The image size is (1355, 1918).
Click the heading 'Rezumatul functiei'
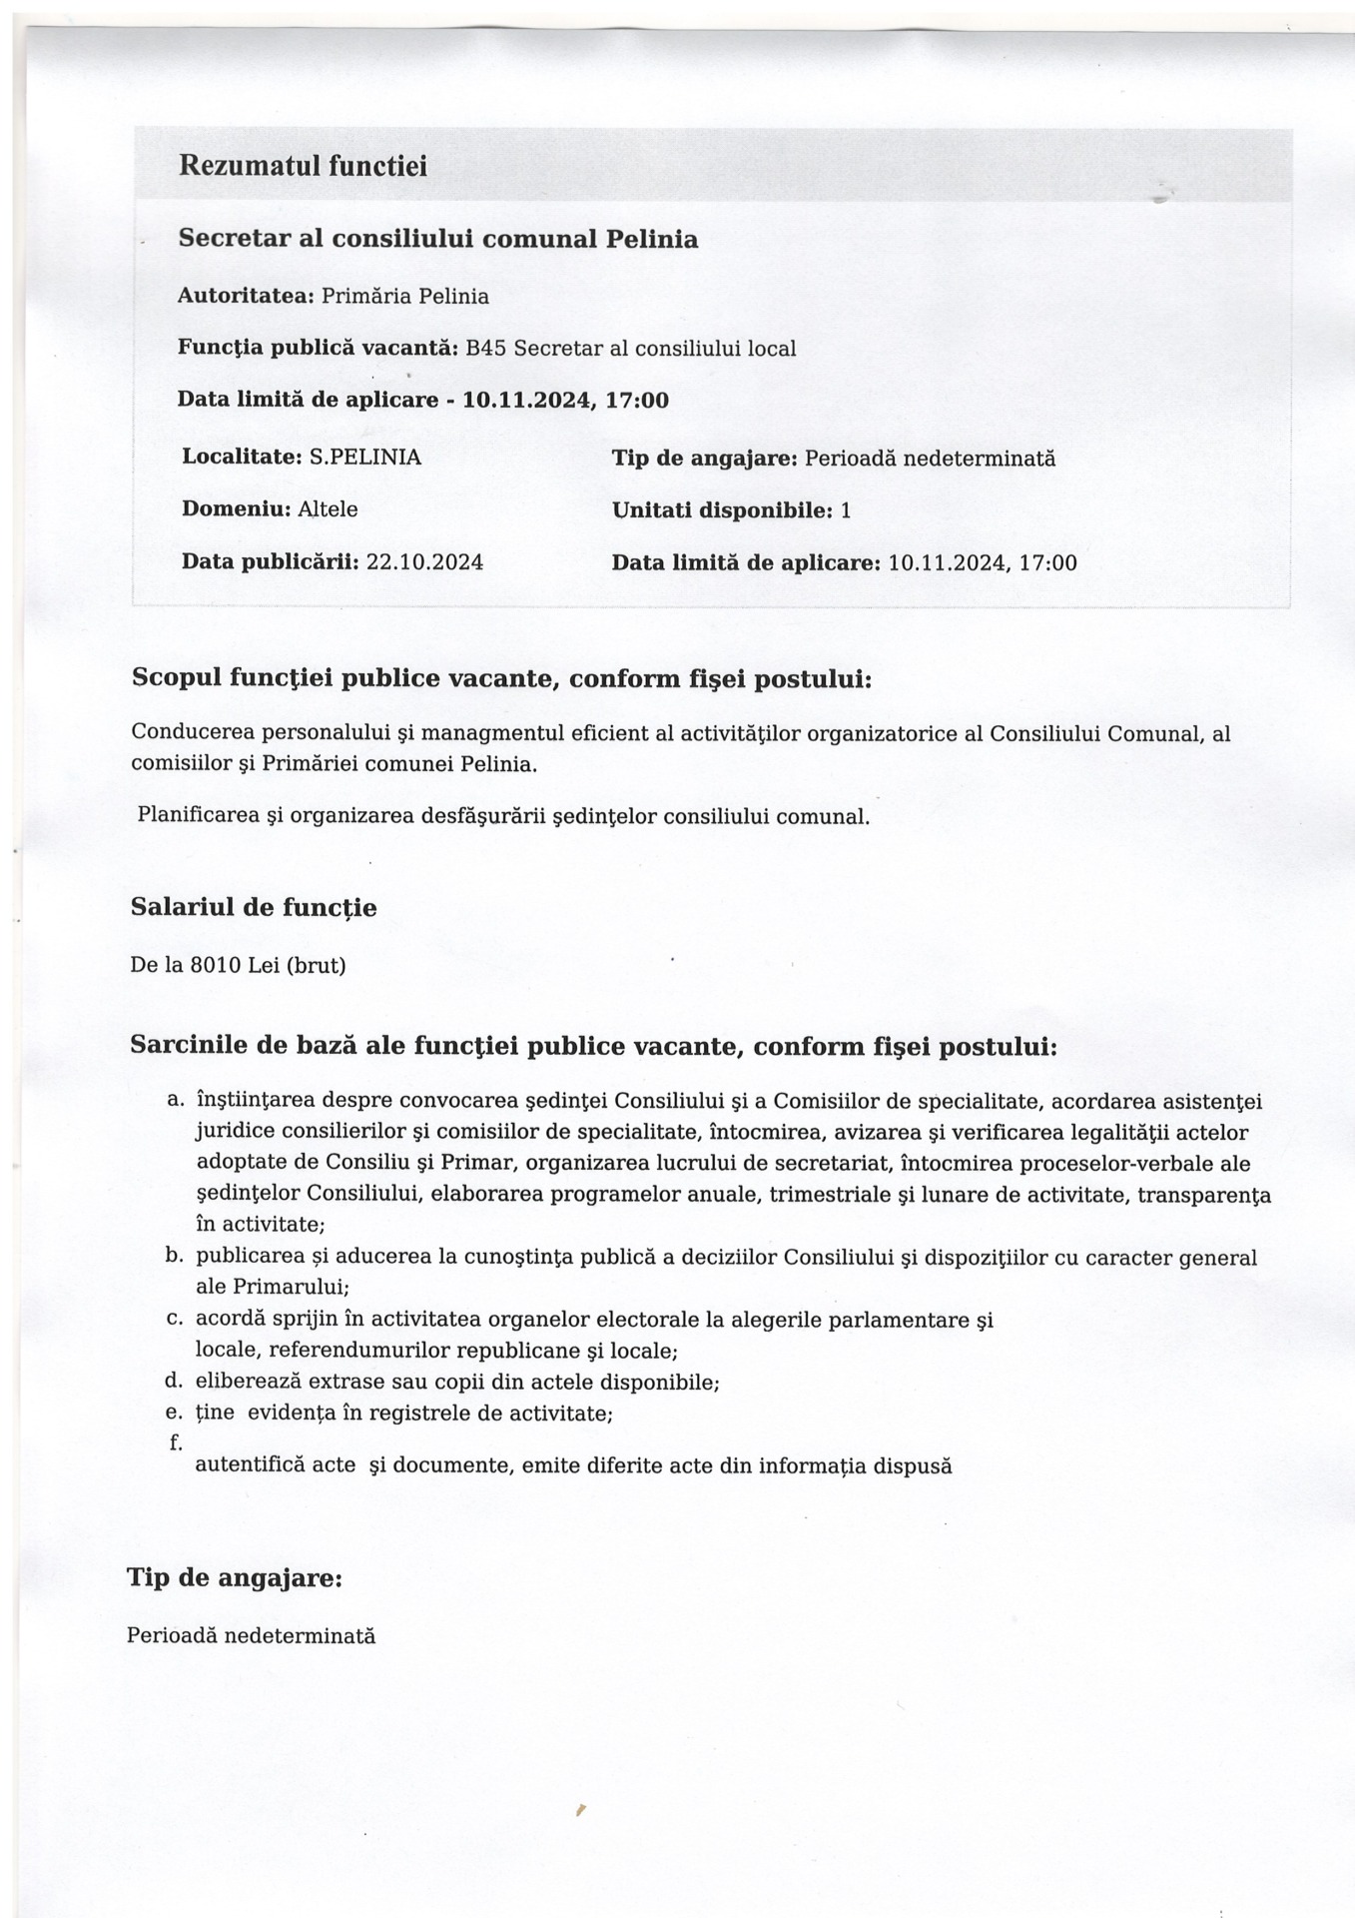[303, 166]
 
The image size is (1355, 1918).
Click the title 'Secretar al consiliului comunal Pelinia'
[437, 239]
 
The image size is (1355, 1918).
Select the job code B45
[486, 348]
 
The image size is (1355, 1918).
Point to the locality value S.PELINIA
[364, 457]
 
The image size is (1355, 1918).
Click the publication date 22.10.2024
[424, 561]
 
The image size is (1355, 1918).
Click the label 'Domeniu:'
[237, 508]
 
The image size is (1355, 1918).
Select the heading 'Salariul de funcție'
[254, 907]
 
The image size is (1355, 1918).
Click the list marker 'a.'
[176, 1100]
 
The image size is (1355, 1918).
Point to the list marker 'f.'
[176, 1441]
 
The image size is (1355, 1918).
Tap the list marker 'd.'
[174, 1381]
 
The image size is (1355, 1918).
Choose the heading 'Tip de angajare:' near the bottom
[235, 1577]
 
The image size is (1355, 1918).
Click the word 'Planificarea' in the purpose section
[197, 815]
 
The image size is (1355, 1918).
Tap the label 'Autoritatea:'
[246, 296]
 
